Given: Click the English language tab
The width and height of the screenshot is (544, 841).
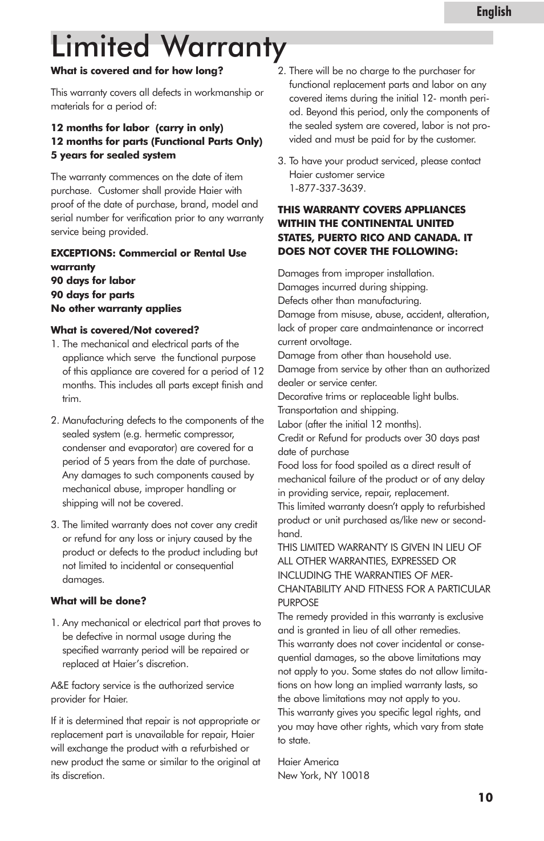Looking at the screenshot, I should [494, 12].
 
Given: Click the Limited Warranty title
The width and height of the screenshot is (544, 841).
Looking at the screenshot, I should [169, 47].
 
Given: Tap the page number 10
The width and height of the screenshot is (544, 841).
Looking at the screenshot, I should [485, 797].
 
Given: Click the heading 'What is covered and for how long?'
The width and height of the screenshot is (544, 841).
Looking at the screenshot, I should [137, 71].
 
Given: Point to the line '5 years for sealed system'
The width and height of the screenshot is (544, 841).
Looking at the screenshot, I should [113, 155].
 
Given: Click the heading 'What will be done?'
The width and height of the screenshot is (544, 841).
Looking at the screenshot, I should [98, 601].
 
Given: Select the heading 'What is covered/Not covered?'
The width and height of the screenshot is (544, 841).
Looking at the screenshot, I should [125, 330].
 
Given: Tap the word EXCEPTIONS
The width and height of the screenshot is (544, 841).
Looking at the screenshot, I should [82, 253].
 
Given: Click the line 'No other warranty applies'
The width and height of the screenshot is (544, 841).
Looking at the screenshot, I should [116, 308].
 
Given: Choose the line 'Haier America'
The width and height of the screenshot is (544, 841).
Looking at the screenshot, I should [308, 762].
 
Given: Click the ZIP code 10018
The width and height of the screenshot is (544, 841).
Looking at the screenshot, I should [355, 775].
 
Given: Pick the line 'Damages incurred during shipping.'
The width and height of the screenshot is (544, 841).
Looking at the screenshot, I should [352, 287].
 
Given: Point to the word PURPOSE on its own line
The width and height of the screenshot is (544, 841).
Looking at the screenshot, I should [298, 603].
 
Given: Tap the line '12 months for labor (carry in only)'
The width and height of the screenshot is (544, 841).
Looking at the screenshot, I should [137, 128].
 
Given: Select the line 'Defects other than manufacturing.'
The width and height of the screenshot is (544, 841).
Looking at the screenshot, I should [350, 300].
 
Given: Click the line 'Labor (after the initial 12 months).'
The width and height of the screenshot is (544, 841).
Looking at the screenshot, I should [350, 424].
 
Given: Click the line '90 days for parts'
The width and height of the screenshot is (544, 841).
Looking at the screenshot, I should [92, 295].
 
